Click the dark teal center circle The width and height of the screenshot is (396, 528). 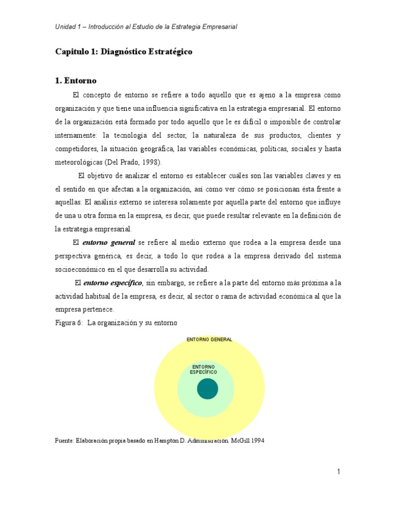point(207,388)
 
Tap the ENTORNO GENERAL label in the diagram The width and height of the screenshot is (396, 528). point(209,339)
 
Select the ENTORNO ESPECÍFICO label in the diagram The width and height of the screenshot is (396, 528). point(203,369)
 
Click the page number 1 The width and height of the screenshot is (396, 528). point(338,471)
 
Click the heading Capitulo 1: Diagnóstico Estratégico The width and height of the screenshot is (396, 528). point(123,52)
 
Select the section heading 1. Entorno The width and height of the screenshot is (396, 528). point(75,81)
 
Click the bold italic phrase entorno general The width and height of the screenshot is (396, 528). point(109,242)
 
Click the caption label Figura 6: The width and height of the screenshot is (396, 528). point(69,323)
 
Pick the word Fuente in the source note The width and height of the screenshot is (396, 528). point(64,441)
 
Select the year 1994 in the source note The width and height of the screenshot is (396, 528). point(256,441)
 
